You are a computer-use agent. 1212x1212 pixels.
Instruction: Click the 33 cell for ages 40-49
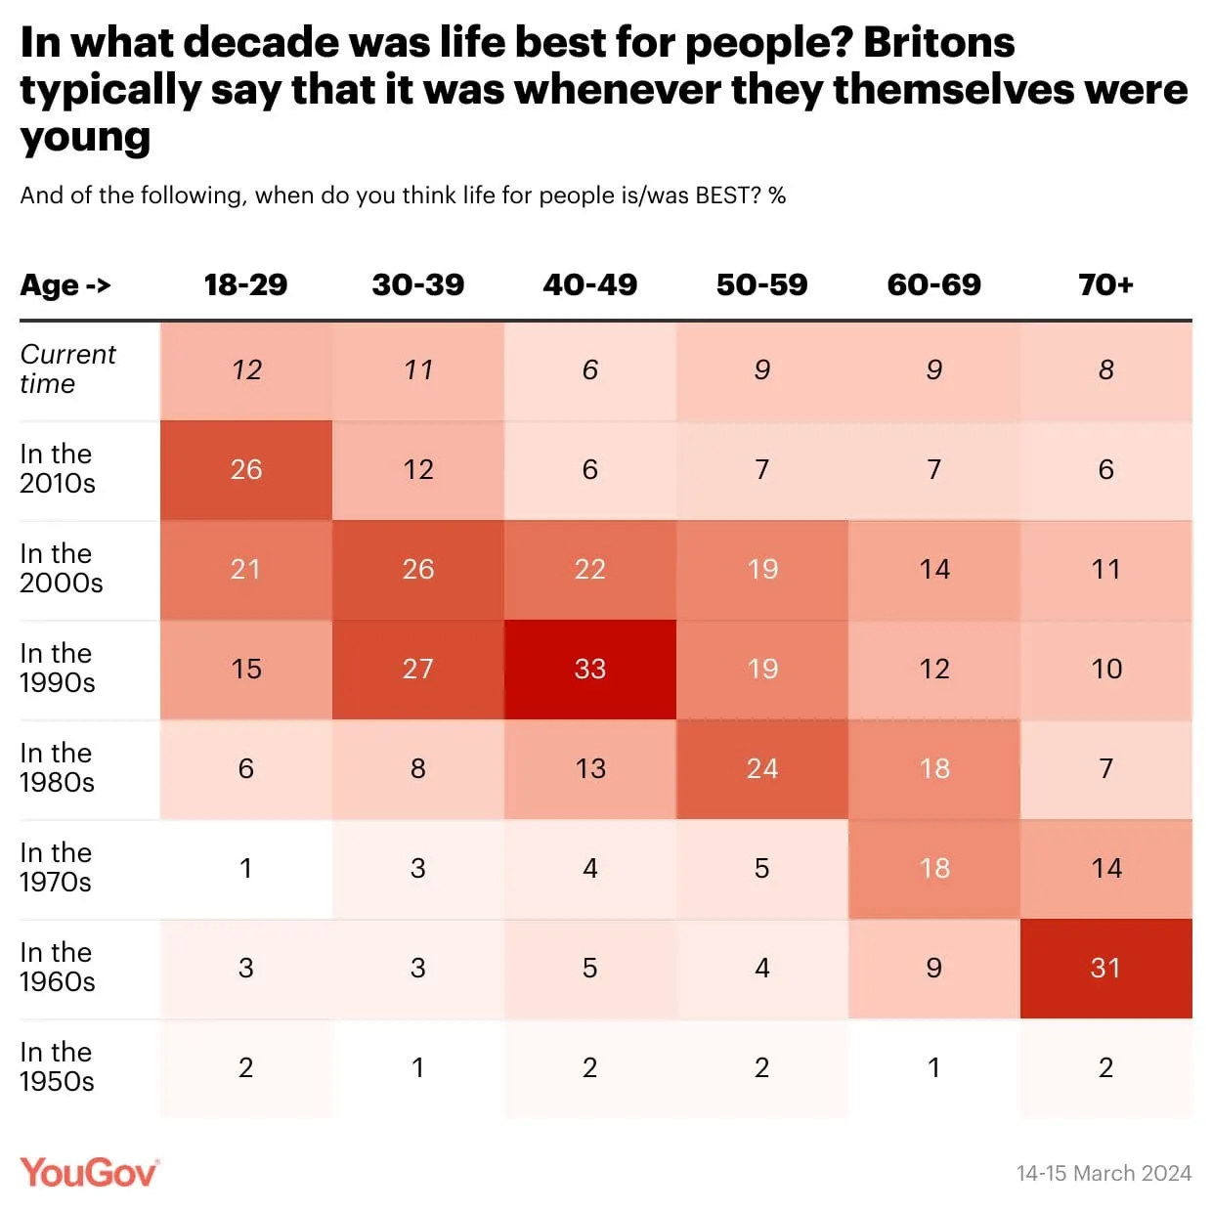click(x=589, y=670)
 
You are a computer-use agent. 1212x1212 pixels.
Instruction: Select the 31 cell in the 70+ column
click(x=1105, y=969)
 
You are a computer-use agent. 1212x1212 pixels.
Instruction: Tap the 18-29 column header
click(x=245, y=284)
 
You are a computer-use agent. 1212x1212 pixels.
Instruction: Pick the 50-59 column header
click(x=761, y=284)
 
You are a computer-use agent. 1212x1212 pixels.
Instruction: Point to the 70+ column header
click(x=1105, y=284)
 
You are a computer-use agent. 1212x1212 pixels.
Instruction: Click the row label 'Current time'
click(x=67, y=368)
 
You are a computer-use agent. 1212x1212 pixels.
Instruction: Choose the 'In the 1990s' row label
click(x=58, y=668)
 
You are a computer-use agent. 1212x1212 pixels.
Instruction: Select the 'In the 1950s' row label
click(x=58, y=1066)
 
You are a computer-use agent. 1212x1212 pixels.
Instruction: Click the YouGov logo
click(x=89, y=1172)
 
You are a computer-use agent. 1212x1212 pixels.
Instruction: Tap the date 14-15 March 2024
click(x=1104, y=1173)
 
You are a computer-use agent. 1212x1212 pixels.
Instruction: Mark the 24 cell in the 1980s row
click(x=761, y=769)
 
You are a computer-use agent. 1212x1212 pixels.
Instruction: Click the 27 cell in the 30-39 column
click(x=417, y=670)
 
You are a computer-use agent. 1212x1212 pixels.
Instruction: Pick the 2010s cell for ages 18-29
click(x=245, y=470)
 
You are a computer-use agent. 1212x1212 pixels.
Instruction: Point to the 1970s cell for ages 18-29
click(x=245, y=869)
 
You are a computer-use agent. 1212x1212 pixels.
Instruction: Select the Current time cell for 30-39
click(x=417, y=370)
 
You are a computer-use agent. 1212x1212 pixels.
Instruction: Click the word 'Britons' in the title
click(x=938, y=43)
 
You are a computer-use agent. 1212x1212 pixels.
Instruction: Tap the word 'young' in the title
click(x=85, y=138)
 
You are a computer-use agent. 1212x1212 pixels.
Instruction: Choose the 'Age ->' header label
click(x=65, y=285)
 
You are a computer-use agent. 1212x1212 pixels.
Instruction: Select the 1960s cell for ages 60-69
click(x=933, y=969)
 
